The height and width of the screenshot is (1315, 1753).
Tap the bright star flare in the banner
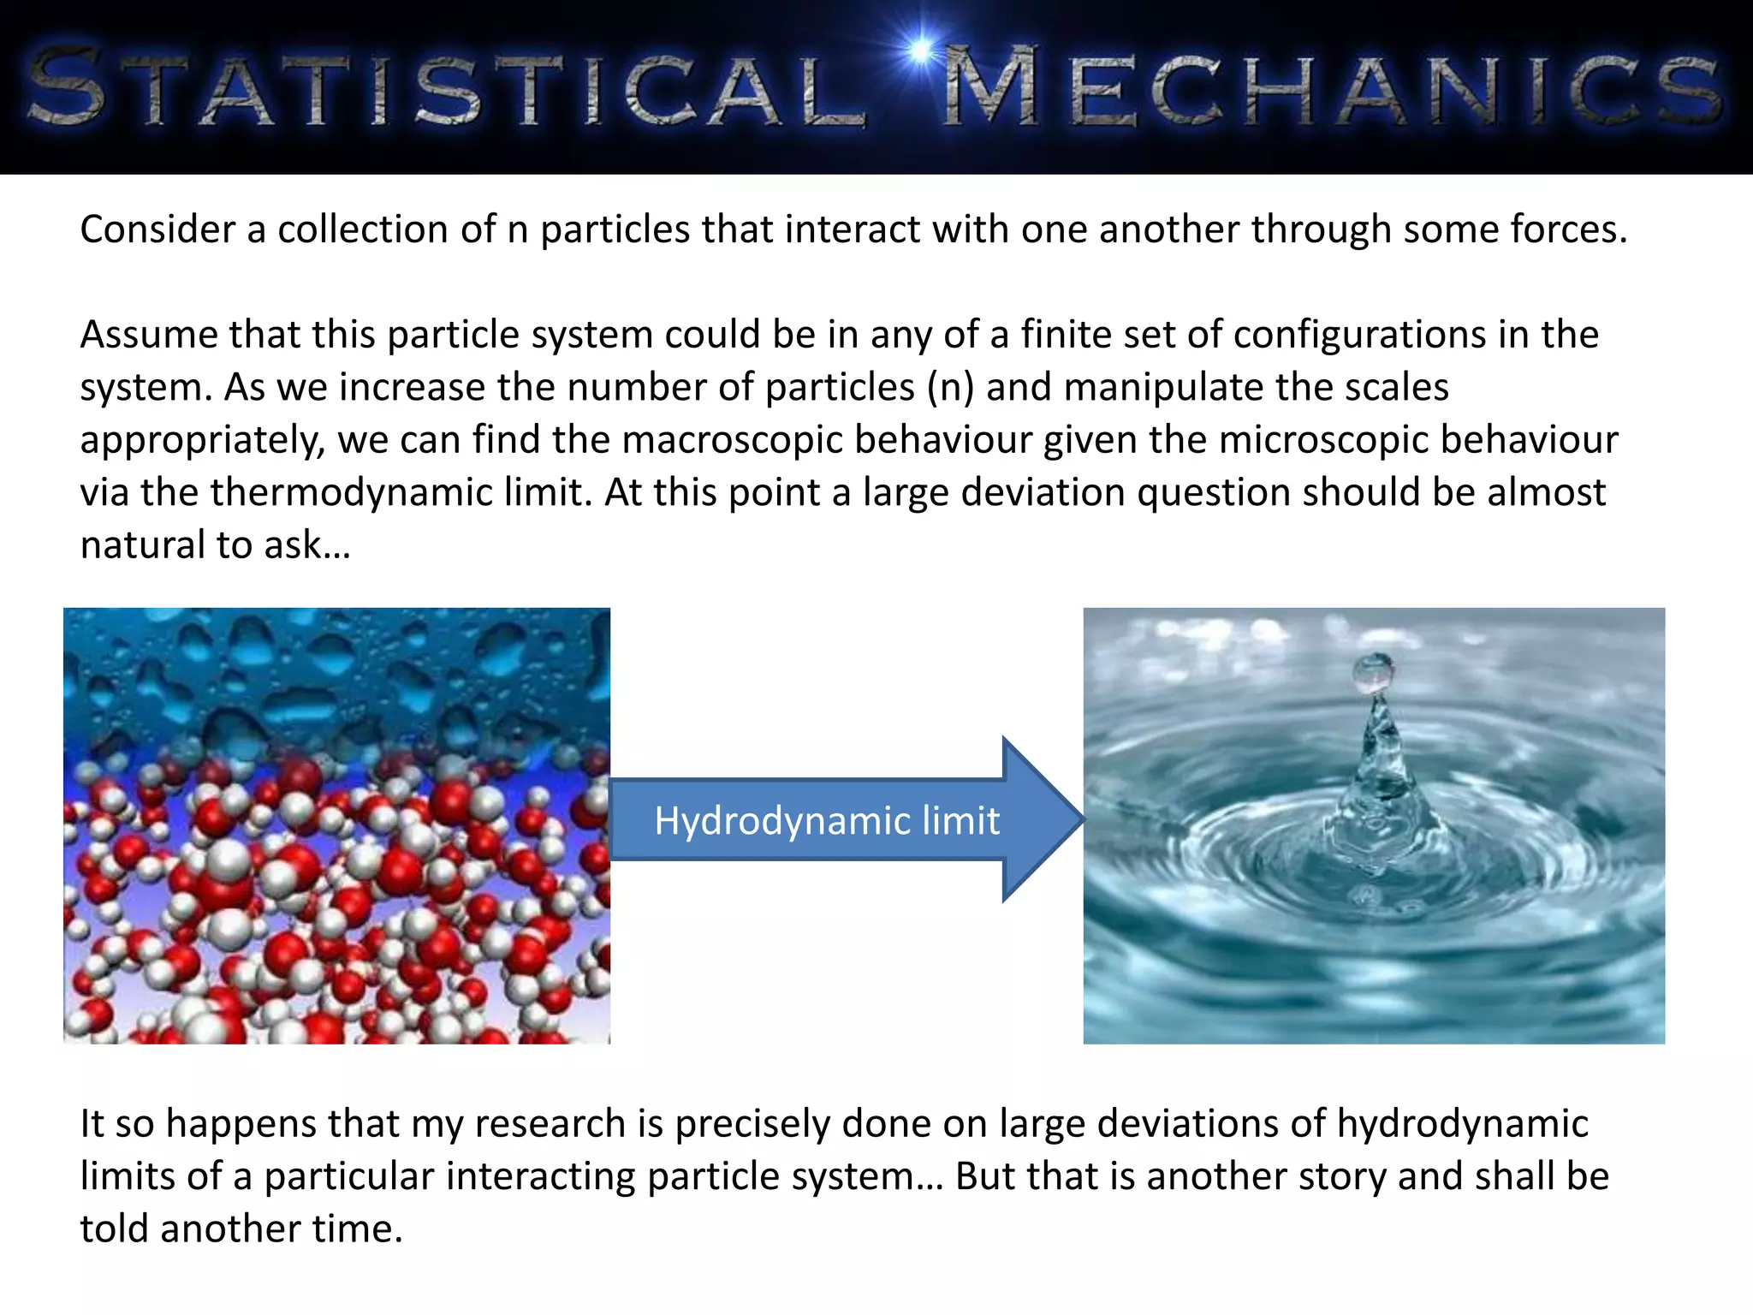pos(920,50)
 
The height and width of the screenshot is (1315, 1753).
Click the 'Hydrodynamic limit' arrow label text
pos(827,821)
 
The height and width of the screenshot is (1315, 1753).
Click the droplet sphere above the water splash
pos(1373,673)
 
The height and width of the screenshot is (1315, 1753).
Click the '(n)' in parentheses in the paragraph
pos(950,387)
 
